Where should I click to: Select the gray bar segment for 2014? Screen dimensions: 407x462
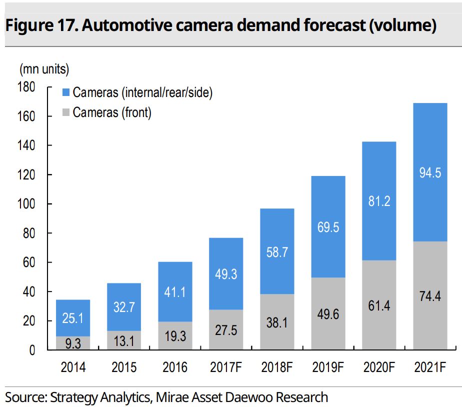point(73,343)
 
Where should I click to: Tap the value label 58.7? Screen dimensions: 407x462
point(277,252)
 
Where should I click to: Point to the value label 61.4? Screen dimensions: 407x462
point(379,305)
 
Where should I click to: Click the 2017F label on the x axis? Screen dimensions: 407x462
point(225,368)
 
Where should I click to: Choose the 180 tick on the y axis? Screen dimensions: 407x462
point(27,87)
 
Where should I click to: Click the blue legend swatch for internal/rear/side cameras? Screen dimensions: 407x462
point(66,92)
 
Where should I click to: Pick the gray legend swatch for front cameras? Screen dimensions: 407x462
point(66,112)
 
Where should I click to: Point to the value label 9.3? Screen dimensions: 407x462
point(73,343)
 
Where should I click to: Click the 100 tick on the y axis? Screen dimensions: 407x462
point(27,204)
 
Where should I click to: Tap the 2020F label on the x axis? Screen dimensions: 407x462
point(379,368)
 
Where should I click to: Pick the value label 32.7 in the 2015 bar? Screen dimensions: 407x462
point(124,307)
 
